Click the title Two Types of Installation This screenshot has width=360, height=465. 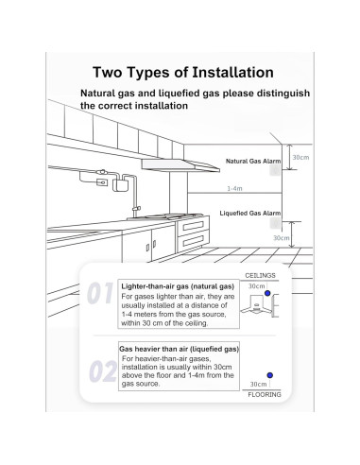[x=183, y=73]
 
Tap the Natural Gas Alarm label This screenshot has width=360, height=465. [x=253, y=162]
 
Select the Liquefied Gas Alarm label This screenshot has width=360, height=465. [x=250, y=214]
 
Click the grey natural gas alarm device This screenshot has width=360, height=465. [x=275, y=170]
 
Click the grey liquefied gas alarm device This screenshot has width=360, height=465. [x=275, y=223]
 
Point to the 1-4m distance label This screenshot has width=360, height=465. [x=234, y=188]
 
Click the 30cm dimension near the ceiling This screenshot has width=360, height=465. [x=300, y=157]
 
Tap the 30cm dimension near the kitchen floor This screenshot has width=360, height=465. [x=282, y=238]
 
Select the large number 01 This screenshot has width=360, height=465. [x=100, y=293]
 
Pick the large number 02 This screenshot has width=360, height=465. [x=103, y=371]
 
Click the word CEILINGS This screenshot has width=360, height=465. [x=260, y=275]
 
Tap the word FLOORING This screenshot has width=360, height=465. [x=265, y=395]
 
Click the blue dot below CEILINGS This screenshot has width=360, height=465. [x=267, y=293]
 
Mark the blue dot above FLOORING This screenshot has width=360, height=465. [x=269, y=375]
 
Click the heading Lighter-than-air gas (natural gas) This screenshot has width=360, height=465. [x=178, y=286]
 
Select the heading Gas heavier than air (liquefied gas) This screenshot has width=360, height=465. [x=179, y=349]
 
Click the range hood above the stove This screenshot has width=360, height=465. [x=180, y=165]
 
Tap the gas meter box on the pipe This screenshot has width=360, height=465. [x=120, y=185]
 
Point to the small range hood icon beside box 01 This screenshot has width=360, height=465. [x=255, y=304]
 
